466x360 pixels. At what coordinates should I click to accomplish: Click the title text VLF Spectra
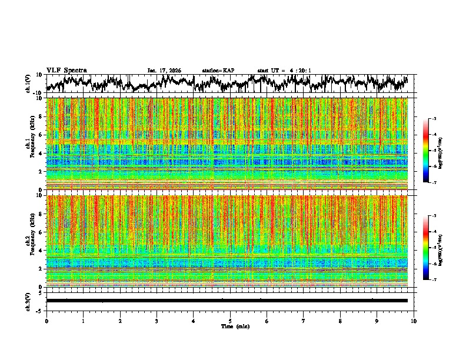(66, 70)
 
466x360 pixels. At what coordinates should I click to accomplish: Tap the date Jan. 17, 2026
(164, 71)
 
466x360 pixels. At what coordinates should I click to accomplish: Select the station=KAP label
(218, 71)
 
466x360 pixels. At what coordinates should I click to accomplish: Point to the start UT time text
(284, 71)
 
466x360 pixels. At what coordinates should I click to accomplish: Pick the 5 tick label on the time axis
(230, 321)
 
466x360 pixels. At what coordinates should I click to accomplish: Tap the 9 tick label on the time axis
(377, 321)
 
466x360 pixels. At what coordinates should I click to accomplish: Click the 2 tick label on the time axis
(120, 321)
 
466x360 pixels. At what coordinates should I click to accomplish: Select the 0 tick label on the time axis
(46, 321)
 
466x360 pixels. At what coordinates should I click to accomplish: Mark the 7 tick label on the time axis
(304, 321)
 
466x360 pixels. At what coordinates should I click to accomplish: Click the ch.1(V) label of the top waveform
(28, 84)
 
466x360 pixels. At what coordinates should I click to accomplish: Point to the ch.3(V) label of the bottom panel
(28, 301)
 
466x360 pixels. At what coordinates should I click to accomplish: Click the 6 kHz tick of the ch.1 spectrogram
(41, 135)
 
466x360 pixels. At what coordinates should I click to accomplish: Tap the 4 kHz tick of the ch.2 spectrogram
(41, 251)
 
